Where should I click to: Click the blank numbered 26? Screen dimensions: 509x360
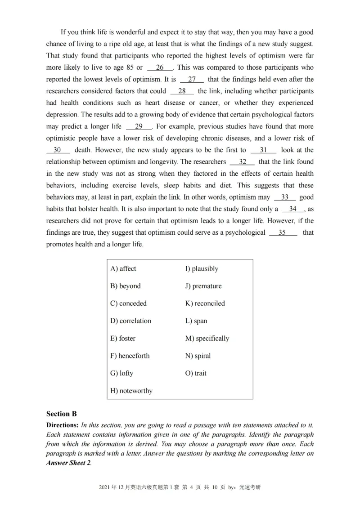click(160, 68)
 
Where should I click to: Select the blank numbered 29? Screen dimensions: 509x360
click(139, 127)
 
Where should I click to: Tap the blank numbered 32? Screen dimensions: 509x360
click(242, 162)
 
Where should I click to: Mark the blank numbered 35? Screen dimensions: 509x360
click(282, 232)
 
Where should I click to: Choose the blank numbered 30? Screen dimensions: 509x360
click(58, 150)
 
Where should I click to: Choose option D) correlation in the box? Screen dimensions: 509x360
click(130, 321)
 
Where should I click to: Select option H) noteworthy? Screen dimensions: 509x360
click(131, 391)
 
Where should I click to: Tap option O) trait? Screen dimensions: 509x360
click(196, 373)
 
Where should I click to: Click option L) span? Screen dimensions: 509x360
click(196, 321)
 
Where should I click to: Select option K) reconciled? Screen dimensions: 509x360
click(205, 304)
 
